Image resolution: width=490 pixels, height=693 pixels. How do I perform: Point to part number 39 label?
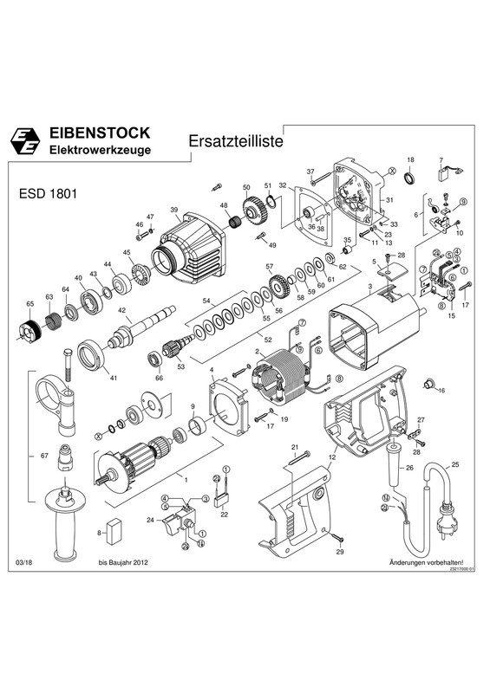click(174, 210)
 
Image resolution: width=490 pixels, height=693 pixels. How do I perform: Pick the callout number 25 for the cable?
click(453, 465)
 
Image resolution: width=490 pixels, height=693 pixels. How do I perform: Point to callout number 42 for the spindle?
click(122, 310)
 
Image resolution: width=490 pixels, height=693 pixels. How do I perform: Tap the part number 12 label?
click(331, 457)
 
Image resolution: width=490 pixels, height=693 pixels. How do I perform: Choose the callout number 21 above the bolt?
click(294, 447)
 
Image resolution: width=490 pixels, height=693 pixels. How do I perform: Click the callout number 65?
click(29, 304)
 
